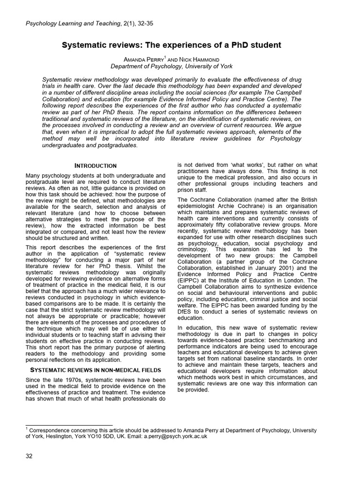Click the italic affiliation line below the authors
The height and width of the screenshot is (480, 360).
[x=172, y=67]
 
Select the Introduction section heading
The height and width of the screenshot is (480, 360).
[x=96, y=166]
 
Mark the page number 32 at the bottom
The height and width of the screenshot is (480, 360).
[x=29, y=457]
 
